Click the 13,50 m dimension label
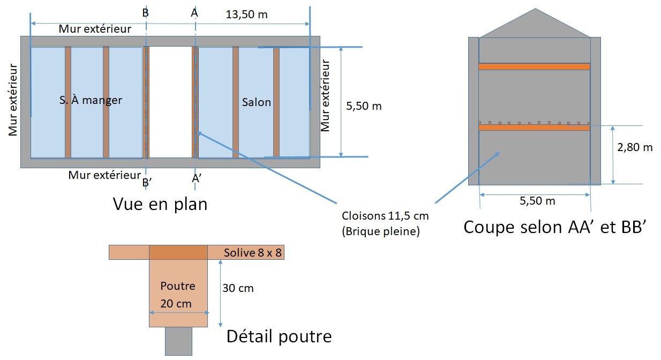click(x=246, y=14)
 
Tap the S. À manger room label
click(x=91, y=100)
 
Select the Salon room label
click(x=257, y=102)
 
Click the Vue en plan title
click(x=160, y=204)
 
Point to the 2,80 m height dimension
click(x=635, y=147)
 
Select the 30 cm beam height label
click(x=238, y=288)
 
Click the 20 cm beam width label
click(x=176, y=303)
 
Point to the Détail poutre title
click(x=279, y=336)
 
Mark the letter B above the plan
click(x=146, y=13)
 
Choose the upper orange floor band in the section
click(x=534, y=66)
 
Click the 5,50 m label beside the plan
click(x=364, y=106)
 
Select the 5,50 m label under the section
click(x=537, y=201)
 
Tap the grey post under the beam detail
click(x=178, y=341)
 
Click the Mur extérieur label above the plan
click(x=95, y=29)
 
